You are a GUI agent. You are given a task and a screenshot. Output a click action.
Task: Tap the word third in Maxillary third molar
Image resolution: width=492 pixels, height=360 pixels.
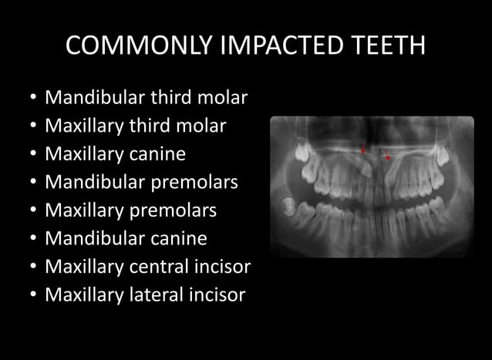(x=149, y=126)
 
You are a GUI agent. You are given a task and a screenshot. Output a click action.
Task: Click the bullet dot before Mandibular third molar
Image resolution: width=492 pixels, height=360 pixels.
(x=29, y=99)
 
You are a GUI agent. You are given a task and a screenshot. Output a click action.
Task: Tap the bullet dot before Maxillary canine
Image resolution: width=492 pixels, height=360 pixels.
(x=29, y=155)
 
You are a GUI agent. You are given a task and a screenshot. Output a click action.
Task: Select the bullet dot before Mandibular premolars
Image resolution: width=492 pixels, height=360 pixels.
(x=29, y=183)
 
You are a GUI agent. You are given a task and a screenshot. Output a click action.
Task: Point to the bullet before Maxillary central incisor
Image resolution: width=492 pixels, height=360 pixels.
(x=29, y=267)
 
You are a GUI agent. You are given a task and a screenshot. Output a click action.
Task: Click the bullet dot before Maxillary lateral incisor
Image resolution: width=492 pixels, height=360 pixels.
(x=29, y=295)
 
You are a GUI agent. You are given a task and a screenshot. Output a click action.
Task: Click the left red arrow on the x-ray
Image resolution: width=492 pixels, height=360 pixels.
(x=363, y=146)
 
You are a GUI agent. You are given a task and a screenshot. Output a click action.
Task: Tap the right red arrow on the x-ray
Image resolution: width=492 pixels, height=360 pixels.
(x=387, y=156)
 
